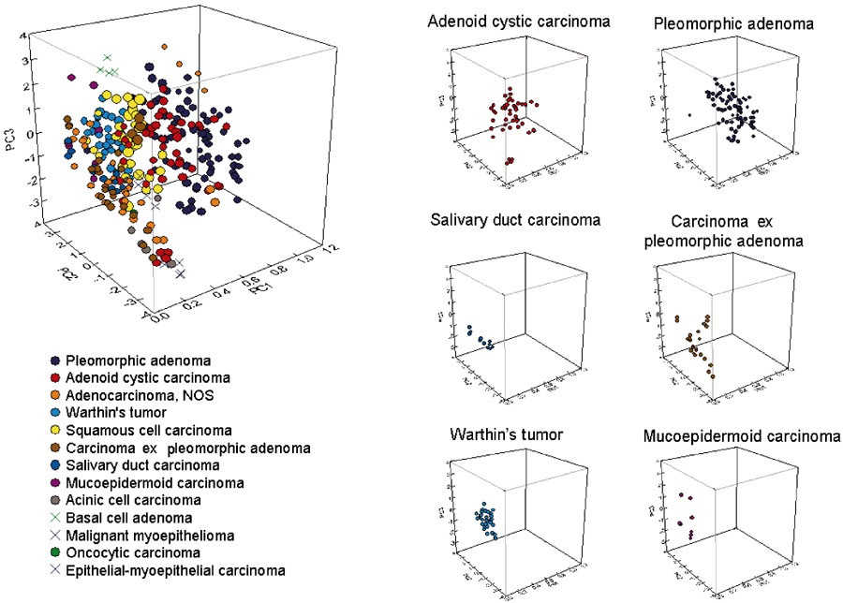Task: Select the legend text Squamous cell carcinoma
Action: (148, 431)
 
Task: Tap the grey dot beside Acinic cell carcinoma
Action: (56, 500)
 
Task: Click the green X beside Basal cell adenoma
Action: (56, 518)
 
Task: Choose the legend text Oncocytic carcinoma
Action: (134, 552)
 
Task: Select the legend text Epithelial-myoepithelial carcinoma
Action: (175, 570)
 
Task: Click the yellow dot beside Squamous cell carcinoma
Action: (56, 431)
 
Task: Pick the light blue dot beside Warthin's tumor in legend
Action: (56, 413)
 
